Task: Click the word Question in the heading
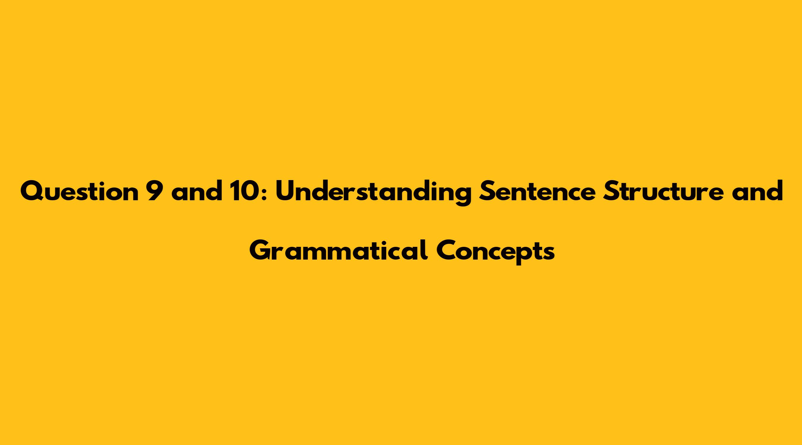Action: pos(79,191)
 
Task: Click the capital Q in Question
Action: pos(32,191)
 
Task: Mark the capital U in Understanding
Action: pos(285,191)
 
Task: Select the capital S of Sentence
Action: pos(486,191)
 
